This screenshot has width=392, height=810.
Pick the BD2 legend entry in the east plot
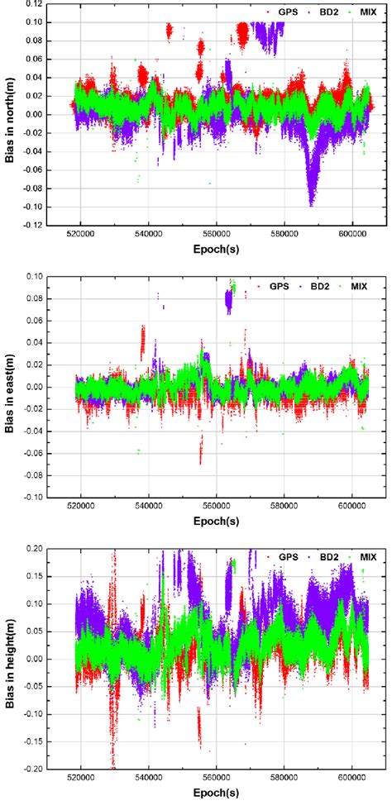318,287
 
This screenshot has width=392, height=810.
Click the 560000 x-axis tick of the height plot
217,779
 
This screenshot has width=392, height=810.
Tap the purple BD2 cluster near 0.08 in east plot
229,301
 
